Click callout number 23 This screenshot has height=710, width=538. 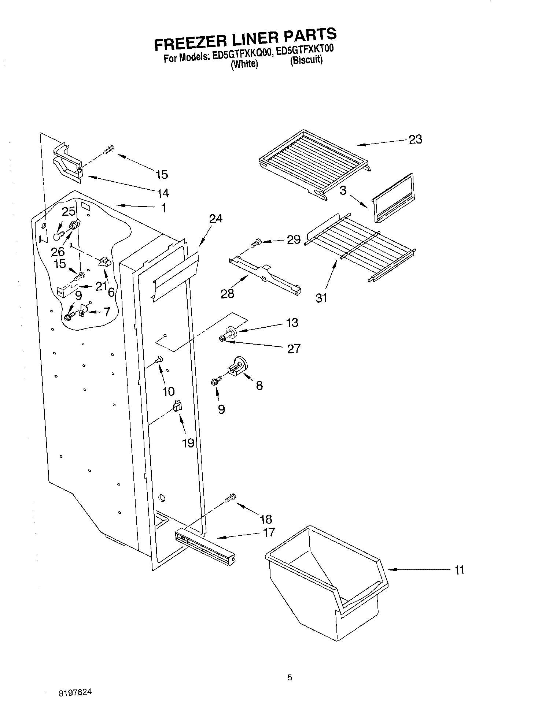point(415,140)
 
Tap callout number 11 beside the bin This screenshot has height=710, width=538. point(459,570)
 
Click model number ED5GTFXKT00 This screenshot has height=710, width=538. point(305,50)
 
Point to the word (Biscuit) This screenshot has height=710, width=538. point(306,60)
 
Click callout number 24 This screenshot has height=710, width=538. point(216,219)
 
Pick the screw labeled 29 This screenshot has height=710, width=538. point(256,242)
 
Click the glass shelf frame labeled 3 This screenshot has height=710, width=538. point(393,198)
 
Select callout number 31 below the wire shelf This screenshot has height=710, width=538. point(321,298)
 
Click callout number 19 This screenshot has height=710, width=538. point(188,443)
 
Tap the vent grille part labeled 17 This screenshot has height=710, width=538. point(205,543)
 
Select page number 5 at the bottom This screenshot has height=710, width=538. point(290,678)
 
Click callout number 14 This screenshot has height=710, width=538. point(162,193)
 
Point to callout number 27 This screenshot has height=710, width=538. point(294,349)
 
